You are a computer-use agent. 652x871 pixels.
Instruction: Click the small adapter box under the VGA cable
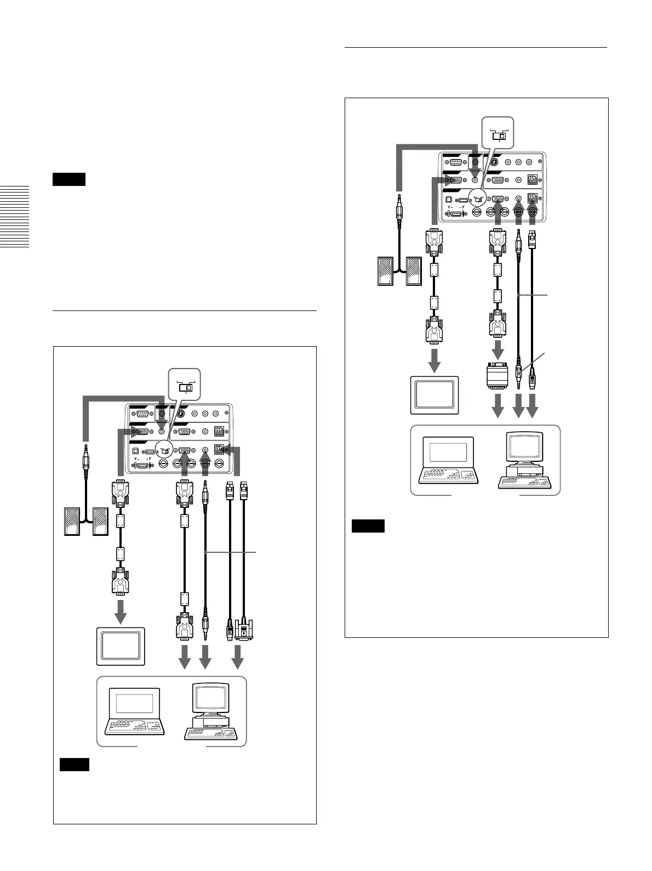498,375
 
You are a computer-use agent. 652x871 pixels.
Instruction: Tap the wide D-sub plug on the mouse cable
244,629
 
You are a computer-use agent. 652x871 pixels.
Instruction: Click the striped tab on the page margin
14,217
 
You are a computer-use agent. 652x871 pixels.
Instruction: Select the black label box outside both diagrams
69,179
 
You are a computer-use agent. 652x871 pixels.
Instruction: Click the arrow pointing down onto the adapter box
498,348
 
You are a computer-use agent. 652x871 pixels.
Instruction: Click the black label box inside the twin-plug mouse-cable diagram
74,764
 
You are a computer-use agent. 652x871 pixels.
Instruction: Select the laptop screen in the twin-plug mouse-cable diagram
134,703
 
